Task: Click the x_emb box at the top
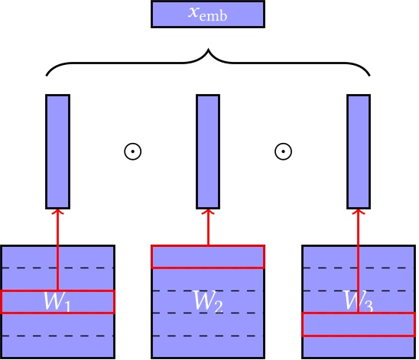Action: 208,15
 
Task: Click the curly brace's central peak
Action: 208,52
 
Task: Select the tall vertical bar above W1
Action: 57,151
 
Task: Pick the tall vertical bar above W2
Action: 208,151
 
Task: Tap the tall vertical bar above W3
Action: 359,151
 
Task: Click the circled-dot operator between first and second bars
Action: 132,151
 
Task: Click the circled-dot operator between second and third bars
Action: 283,151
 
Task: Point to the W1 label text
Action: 57,303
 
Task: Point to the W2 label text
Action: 208,303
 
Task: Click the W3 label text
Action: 359,303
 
